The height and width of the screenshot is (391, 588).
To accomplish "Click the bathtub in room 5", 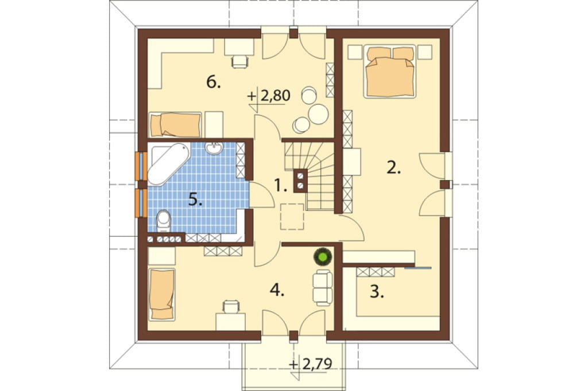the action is [168, 163].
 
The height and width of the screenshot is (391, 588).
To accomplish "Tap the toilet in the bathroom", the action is [163, 221].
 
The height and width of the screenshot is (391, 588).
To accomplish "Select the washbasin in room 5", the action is [214, 148].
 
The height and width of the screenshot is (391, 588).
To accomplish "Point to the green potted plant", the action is [323, 256].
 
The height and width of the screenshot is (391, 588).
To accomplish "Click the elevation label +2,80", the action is [269, 96].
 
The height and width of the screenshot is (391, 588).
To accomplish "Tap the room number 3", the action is [377, 292].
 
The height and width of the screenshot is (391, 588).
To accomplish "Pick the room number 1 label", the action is [280, 185].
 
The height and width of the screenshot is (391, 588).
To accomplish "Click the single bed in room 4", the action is [162, 294].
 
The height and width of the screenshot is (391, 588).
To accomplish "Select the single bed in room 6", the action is [175, 125].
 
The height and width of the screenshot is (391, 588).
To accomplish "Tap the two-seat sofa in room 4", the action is [323, 288].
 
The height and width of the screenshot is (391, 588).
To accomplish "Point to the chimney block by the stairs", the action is [300, 181].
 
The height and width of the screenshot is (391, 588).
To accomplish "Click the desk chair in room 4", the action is [231, 307].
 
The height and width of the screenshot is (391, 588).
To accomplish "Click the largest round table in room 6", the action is [318, 114].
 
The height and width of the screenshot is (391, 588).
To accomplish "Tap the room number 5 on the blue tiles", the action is [195, 200].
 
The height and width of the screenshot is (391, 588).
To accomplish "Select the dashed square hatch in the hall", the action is [292, 217].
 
